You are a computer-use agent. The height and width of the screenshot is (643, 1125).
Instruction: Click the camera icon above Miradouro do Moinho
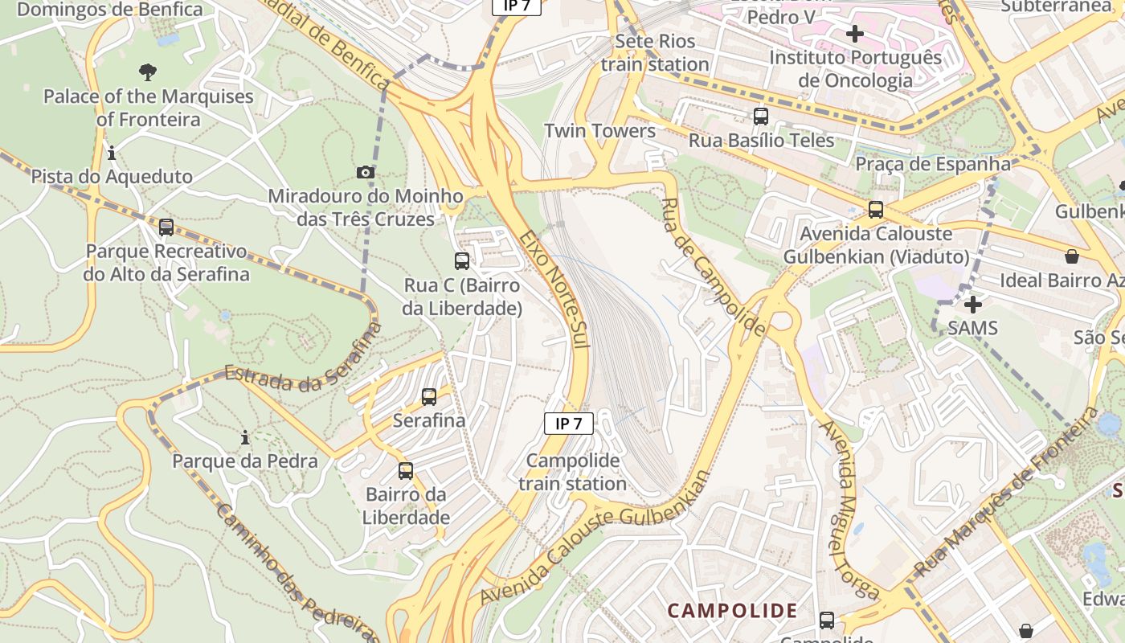click(x=365, y=172)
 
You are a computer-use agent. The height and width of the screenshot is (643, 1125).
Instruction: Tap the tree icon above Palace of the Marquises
click(x=147, y=72)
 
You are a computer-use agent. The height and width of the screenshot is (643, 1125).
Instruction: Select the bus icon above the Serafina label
click(x=429, y=396)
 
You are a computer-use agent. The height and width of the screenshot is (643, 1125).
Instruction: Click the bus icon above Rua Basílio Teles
click(x=760, y=117)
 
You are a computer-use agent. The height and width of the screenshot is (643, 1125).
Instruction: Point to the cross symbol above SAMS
click(x=972, y=305)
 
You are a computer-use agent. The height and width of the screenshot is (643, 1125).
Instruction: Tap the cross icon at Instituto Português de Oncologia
click(x=855, y=34)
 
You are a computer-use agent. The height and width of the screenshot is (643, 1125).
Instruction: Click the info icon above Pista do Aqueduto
click(x=112, y=153)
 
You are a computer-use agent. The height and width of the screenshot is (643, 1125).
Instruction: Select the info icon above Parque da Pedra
click(x=245, y=438)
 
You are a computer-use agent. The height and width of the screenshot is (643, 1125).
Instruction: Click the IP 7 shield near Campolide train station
click(x=568, y=424)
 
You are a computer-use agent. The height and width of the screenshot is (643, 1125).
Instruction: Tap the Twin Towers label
click(x=599, y=131)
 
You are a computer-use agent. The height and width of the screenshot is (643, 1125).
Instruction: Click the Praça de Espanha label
click(x=933, y=164)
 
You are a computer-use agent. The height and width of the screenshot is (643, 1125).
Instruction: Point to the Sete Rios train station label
click(x=655, y=53)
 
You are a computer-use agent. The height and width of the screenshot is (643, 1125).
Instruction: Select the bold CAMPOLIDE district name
click(x=732, y=611)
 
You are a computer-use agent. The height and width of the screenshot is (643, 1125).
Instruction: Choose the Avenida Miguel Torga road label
click(x=838, y=508)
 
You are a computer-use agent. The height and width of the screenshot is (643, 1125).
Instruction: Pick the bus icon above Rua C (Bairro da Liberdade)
click(x=462, y=260)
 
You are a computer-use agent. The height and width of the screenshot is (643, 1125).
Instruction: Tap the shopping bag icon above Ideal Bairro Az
click(x=1071, y=256)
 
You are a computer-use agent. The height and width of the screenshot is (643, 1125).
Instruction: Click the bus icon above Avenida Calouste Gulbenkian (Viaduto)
click(x=875, y=210)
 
